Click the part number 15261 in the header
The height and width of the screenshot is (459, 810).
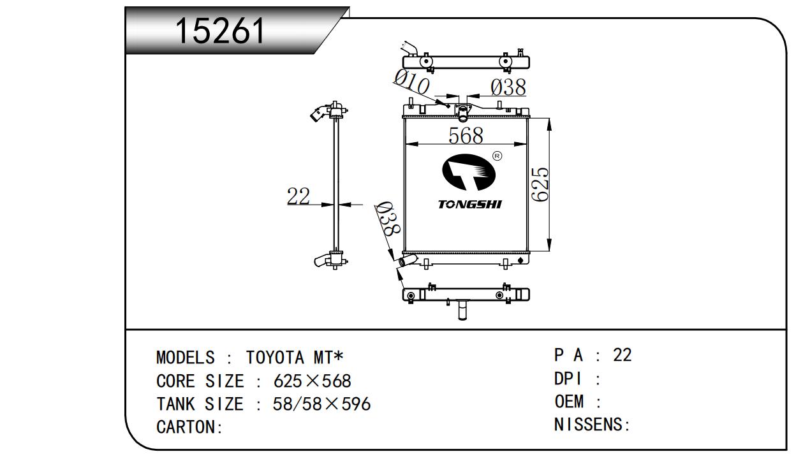220,30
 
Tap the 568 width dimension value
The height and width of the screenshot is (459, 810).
466,135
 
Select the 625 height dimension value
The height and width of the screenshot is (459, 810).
540,184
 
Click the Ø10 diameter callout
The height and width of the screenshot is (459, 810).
412,82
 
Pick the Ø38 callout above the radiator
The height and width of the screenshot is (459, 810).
508,87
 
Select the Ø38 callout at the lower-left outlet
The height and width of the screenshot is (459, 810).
388,220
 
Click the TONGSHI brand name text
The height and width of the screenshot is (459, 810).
469,205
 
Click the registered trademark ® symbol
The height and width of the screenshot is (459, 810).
497,156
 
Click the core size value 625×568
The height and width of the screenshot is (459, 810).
312,381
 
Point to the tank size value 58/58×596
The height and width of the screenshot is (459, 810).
321,404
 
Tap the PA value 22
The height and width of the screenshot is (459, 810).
622,355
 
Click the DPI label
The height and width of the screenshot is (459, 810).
568,379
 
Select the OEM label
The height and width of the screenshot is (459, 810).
569,402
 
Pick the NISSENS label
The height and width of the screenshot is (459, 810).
591,425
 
